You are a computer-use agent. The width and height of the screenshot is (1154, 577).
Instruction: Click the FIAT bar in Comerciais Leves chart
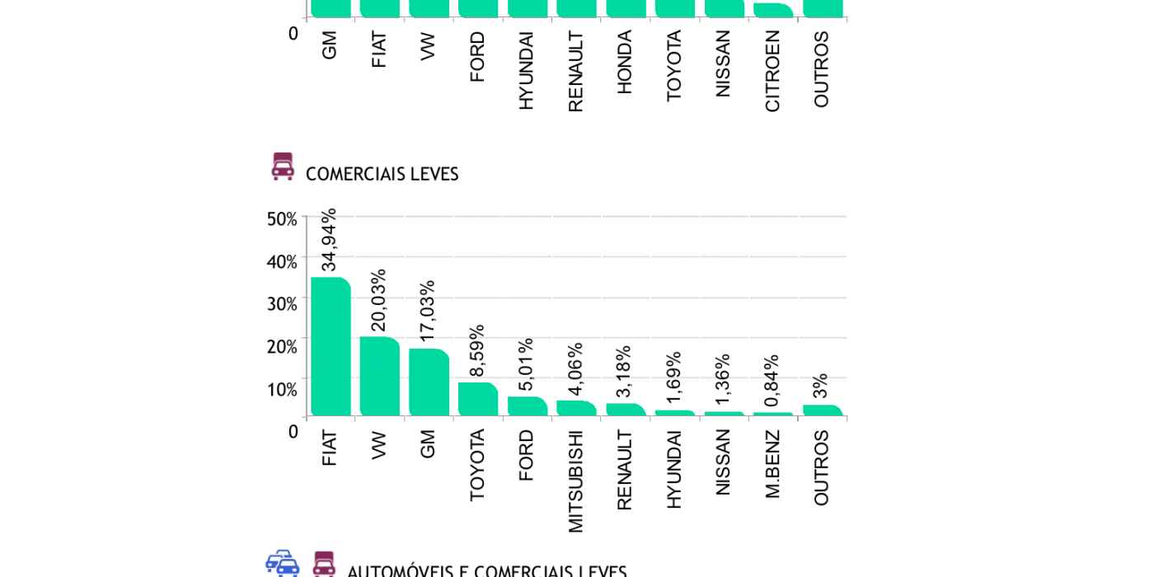coord(330,346)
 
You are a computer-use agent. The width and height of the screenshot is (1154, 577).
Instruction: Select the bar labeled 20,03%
coord(379,376)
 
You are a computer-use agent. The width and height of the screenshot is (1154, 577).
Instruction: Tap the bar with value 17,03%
coord(429,382)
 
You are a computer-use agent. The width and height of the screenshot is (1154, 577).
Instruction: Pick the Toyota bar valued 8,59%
coord(478,399)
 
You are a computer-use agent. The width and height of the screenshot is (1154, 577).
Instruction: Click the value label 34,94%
coord(329,240)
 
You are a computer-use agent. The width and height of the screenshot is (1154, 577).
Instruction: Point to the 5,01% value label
coord(526,364)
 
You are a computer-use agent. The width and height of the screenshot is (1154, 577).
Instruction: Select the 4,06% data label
coord(575,368)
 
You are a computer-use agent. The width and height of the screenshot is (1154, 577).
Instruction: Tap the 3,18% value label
coord(624,371)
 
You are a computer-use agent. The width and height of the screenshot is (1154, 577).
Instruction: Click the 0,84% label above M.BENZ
coord(772,380)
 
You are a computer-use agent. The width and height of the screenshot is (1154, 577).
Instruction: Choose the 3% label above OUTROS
coord(820,387)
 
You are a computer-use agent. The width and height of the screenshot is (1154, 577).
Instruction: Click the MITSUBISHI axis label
coord(575,481)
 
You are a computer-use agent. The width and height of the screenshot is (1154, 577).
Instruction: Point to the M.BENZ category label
coord(772,464)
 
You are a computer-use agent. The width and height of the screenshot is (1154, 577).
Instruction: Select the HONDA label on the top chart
coord(624,62)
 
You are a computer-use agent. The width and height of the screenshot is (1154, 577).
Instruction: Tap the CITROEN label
coord(772,71)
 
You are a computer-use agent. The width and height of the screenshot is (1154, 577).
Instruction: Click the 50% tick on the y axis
coord(281,219)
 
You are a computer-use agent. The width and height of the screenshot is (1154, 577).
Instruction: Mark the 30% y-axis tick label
coord(281,304)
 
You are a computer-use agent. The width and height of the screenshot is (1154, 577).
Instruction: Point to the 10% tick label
coord(281,389)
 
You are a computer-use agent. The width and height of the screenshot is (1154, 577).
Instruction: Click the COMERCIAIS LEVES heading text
coord(382,174)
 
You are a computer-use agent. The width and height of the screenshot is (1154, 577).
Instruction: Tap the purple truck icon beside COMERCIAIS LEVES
coord(283,167)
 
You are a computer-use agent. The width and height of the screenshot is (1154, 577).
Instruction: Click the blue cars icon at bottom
coord(282,564)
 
